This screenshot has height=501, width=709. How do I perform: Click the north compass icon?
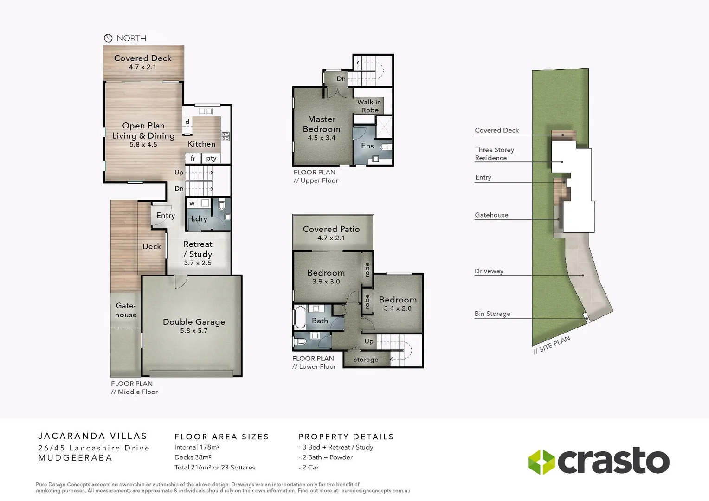(x=108, y=38)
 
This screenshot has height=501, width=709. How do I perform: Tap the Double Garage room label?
(x=194, y=322)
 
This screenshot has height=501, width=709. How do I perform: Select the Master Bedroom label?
(x=322, y=124)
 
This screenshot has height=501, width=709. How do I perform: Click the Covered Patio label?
(x=331, y=229)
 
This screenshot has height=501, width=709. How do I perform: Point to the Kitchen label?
(x=201, y=144)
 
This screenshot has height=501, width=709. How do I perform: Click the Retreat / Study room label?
(x=198, y=249)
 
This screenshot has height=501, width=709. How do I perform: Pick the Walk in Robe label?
(x=369, y=106)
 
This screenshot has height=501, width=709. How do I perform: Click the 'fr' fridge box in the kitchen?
(x=193, y=158)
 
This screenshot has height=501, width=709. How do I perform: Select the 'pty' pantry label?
(x=211, y=158)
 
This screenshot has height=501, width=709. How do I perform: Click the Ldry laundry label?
(x=199, y=219)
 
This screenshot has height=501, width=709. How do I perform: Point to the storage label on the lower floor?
(x=366, y=360)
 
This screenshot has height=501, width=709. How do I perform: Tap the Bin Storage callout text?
(x=492, y=314)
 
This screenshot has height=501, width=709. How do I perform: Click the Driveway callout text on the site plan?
(x=489, y=271)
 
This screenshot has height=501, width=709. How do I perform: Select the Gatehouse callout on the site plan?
(x=491, y=215)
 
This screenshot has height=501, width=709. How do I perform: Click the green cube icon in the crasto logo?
(x=541, y=462)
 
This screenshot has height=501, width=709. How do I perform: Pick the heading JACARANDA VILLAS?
(x=92, y=436)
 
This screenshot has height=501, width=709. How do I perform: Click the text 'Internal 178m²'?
(x=197, y=447)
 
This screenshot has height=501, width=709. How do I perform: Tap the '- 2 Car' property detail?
(x=309, y=468)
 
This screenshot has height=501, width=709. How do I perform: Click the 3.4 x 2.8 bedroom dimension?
(x=398, y=308)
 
